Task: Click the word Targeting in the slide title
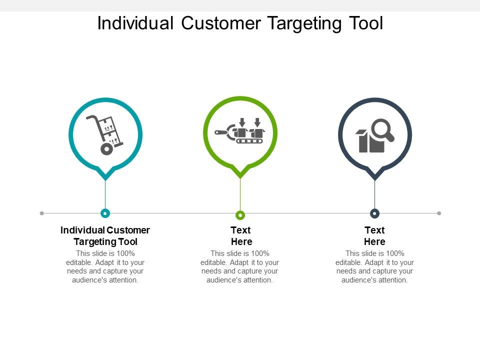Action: pos(303,23)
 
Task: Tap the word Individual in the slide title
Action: pos(135,23)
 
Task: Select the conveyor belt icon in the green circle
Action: pos(240,133)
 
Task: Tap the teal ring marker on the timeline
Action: pos(105,213)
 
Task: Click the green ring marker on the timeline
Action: pos(240,215)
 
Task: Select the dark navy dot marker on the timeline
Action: pos(374,213)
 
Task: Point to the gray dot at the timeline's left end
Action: pos(42,213)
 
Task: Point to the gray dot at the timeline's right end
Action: pos(439,213)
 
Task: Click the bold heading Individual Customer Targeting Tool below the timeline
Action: pos(105,236)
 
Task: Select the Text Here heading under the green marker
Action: pos(241,236)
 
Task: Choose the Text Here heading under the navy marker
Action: pos(374,236)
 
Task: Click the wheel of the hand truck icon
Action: pos(106,148)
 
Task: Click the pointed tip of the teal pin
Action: pos(105,177)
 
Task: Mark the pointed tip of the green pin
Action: pos(240,176)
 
